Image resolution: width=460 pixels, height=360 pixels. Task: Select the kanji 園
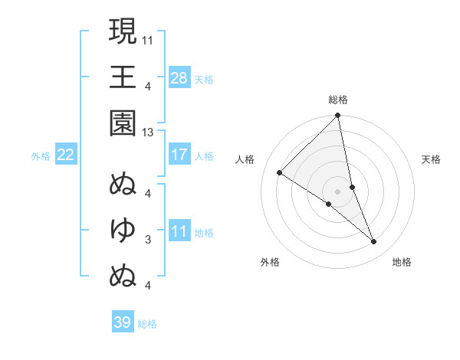point(123,122)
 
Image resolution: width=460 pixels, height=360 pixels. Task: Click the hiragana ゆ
point(123,228)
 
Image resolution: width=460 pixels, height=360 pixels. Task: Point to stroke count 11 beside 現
point(149,38)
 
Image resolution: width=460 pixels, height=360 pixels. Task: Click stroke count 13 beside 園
point(148,133)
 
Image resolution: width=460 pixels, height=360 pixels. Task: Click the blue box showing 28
point(179,77)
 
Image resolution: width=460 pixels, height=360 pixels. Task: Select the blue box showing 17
point(179,154)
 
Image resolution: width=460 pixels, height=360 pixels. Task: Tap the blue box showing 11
point(179,231)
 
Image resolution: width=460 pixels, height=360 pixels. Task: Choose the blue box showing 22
point(66,155)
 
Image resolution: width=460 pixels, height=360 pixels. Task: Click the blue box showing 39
point(123,322)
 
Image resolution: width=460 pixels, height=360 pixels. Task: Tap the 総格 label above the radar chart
point(338,100)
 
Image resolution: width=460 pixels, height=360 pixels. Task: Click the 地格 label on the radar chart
point(402,262)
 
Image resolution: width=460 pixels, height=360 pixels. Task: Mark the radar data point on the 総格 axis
point(338,116)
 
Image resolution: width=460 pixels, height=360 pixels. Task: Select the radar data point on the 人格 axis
point(280,172)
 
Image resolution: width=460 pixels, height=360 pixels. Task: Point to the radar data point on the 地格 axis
point(374,241)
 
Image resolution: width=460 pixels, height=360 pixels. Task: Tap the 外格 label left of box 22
point(41,156)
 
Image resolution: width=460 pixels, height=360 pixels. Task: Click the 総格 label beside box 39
point(147,324)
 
